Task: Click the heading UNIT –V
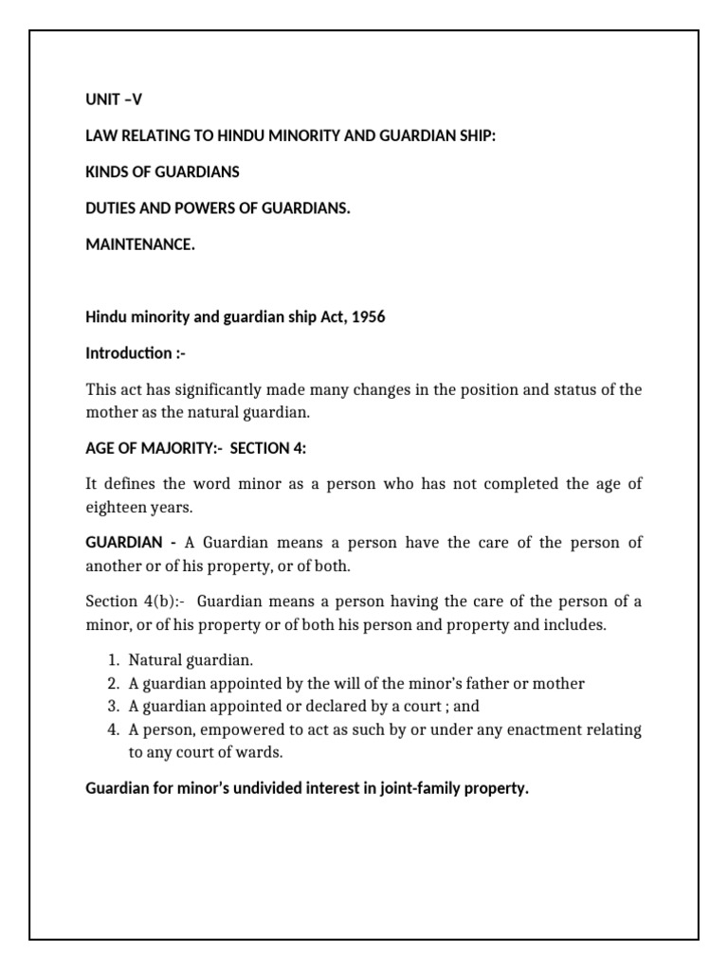114,99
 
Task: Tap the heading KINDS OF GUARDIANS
162,172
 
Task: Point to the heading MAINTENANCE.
139,245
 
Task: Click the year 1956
368,317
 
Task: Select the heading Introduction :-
131,353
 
